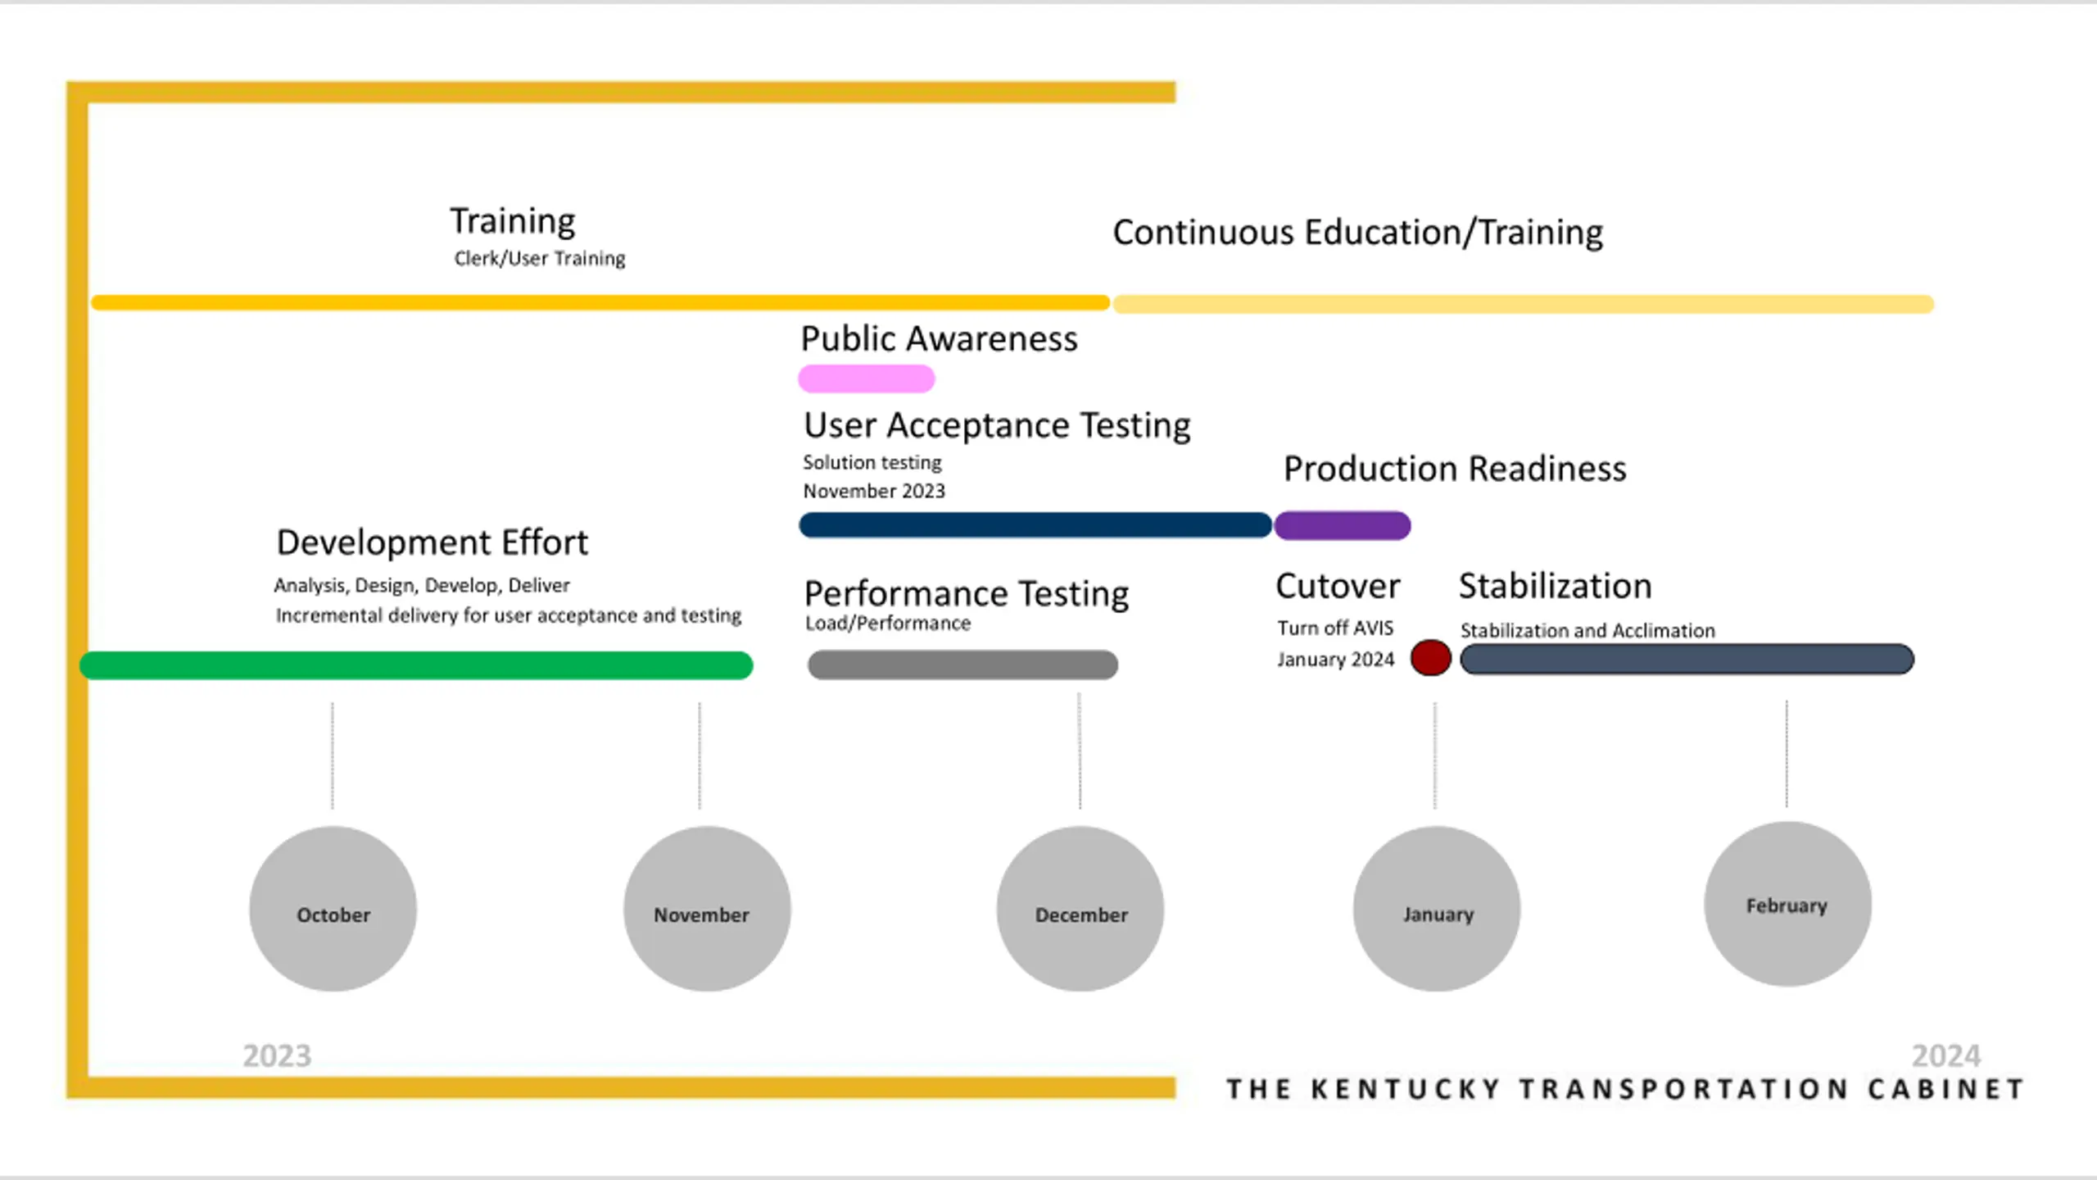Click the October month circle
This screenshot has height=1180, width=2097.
(x=333, y=909)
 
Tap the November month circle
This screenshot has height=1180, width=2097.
(x=706, y=909)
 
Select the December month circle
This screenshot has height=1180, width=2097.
(x=1080, y=909)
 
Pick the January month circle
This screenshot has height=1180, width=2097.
(x=1436, y=909)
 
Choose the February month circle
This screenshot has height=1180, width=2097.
(x=1787, y=904)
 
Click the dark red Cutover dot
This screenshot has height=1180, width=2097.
(x=1430, y=658)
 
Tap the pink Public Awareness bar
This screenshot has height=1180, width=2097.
(x=866, y=379)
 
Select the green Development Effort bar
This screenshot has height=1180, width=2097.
(x=416, y=665)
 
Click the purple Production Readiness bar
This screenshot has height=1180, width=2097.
(x=1342, y=525)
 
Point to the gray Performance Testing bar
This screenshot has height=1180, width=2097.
(x=962, y=665)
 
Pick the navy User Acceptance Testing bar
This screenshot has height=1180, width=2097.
(x=1035, y=525)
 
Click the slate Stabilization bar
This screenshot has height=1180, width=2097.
(x=1687, y=659)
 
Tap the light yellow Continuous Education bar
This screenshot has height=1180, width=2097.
(x=1523, y=305)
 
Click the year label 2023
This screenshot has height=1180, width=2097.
(x=277, y=1056)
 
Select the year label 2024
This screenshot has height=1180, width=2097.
(x=1945, y=1056)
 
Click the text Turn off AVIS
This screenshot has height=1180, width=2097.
(x=1334, y=629)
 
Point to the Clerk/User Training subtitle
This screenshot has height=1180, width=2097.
(x=539, y=259)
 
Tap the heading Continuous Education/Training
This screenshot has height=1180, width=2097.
(x=1357, y=233)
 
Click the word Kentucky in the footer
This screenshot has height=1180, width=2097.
(x=1406, y=1089)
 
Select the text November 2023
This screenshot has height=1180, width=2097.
(x=873, y=492)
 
